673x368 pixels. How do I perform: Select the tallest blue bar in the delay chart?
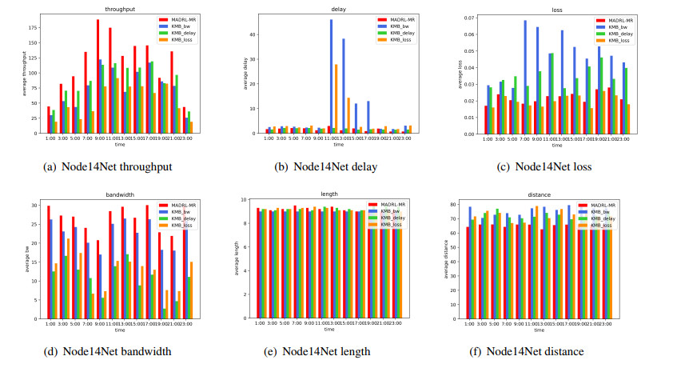pos(331,76)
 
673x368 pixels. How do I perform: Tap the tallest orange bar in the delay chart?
pos(336,98)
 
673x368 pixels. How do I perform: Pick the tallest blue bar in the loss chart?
pos(525,80)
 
